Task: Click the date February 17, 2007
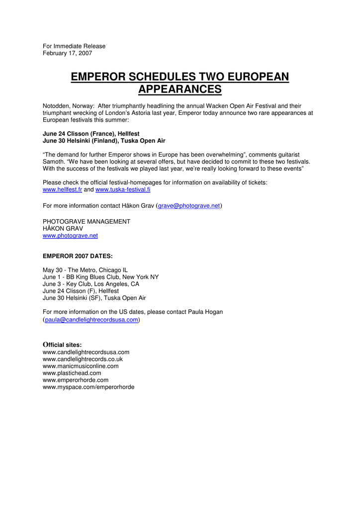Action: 67,53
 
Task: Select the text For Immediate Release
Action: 74,46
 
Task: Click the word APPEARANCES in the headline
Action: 180,90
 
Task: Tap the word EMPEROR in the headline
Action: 98,77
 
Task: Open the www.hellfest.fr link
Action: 62,190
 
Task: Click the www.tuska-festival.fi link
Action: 123,190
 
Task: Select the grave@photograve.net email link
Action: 189,206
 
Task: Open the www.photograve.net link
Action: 70,236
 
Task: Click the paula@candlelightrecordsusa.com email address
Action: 91,320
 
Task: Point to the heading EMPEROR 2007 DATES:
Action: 78,256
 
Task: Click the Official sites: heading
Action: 62,344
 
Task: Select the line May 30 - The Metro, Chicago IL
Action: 85,270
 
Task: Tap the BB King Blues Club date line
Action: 100,277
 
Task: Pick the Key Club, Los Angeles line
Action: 91,284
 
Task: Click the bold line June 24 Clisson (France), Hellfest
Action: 91,134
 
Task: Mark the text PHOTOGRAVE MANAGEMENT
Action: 87,222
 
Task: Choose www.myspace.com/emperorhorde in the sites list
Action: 89,387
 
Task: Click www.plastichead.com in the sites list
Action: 72,373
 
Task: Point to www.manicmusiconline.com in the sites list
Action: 81,366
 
